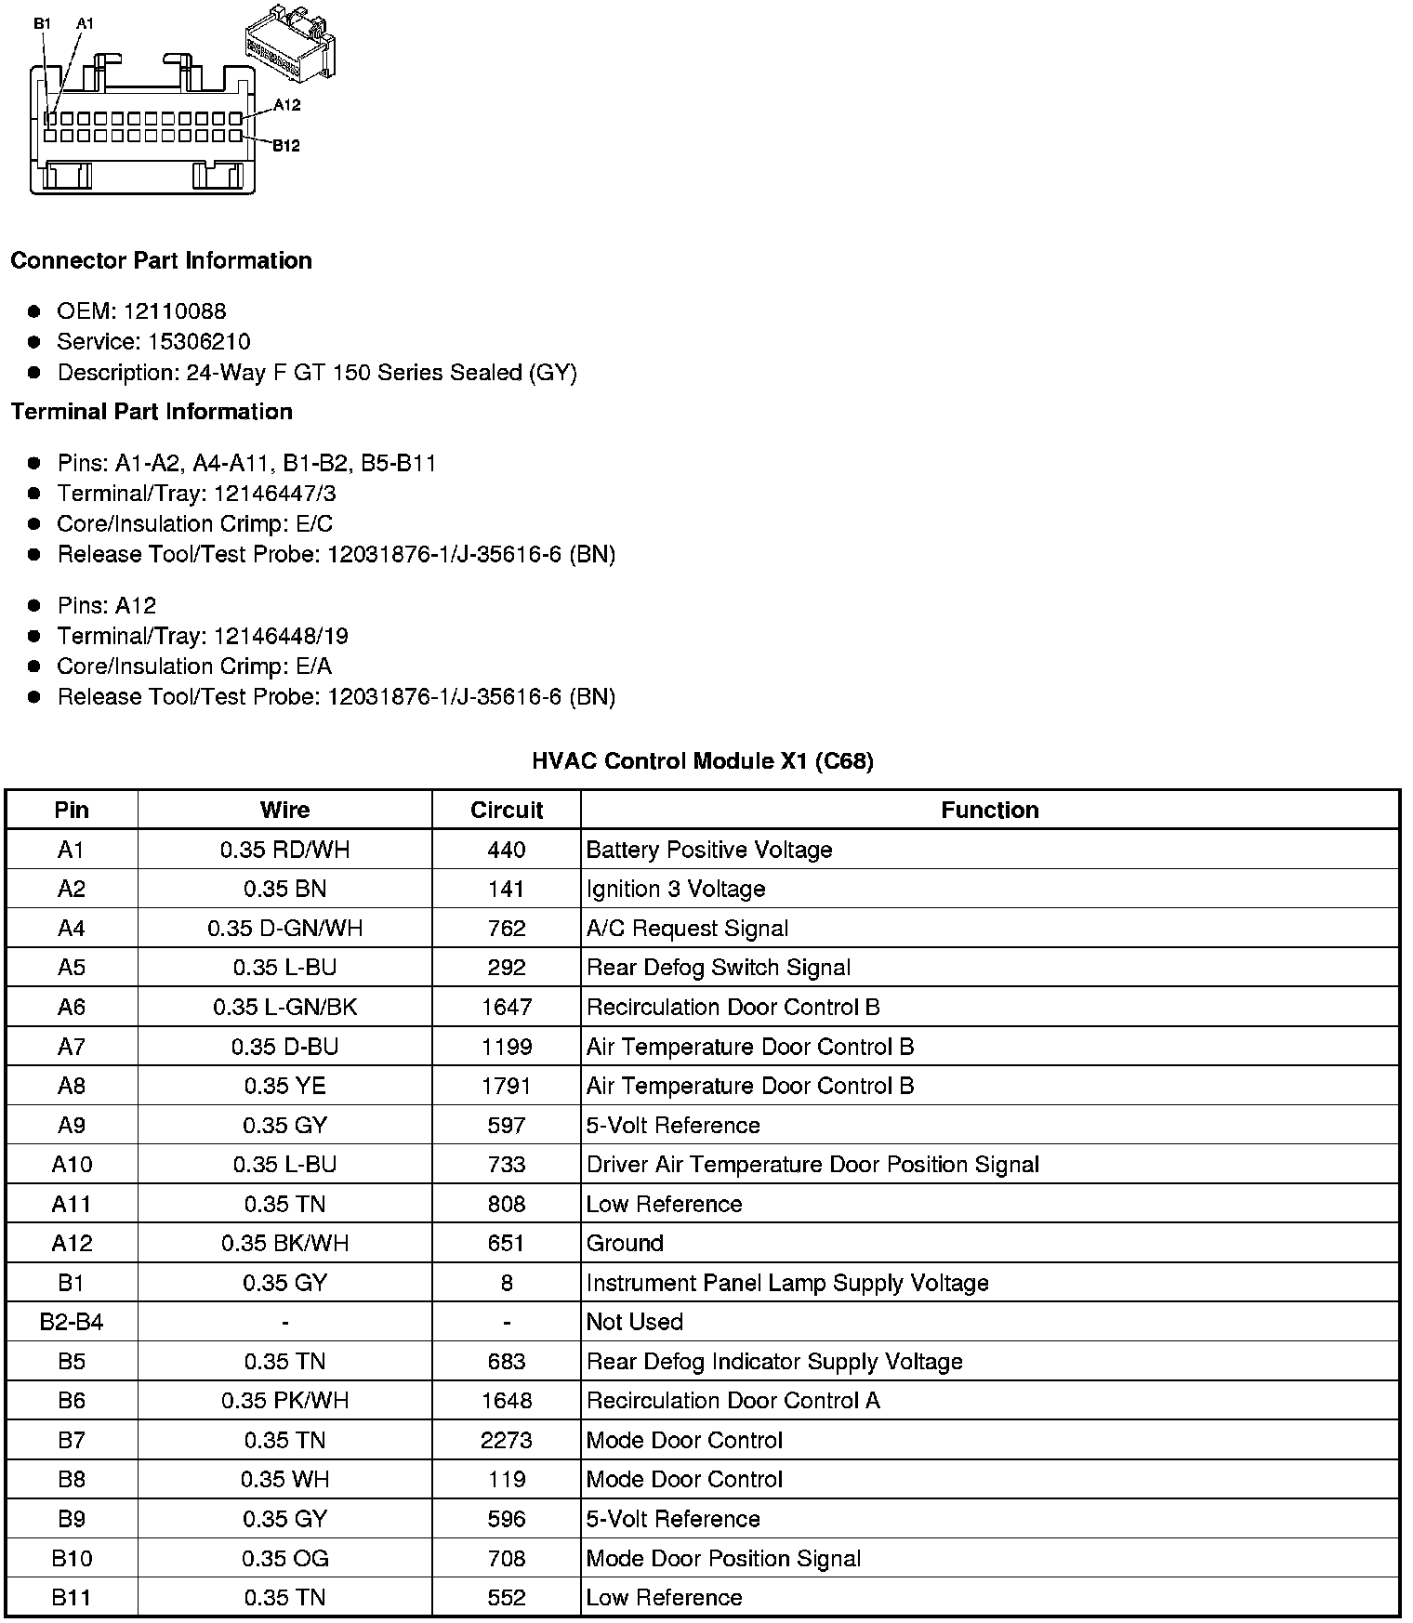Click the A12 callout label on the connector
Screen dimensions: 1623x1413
[x=286, y=105]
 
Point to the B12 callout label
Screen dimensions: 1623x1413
[x=285, y=145]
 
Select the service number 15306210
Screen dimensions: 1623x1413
[x=199, y=342]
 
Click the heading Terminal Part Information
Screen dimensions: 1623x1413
[x=152, y=412]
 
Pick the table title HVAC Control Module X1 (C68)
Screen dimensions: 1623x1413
[x=702, y=761]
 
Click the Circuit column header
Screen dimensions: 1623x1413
[x=506, y=810]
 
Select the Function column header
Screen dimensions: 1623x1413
[x=989, y=810]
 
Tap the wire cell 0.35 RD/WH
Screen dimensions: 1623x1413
[x=284, y=850]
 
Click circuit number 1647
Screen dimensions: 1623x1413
[x=506, y=1007]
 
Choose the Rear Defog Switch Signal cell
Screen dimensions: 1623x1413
[x=718, y=968]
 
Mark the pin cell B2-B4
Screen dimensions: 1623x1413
[x=72, y=1322]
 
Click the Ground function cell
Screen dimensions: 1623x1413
[x=625, y=1243]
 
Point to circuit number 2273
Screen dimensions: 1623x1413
[x=506, y=1440]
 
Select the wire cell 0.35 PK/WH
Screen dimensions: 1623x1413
[x=284, y=1401]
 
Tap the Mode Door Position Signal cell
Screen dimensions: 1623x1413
[x=723, y=1558]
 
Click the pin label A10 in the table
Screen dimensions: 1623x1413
[x=72, y=1165]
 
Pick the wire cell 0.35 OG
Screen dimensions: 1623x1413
[x=284, y=1558]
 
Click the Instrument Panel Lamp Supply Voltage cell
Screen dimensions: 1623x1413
[x=786, y=1283]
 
